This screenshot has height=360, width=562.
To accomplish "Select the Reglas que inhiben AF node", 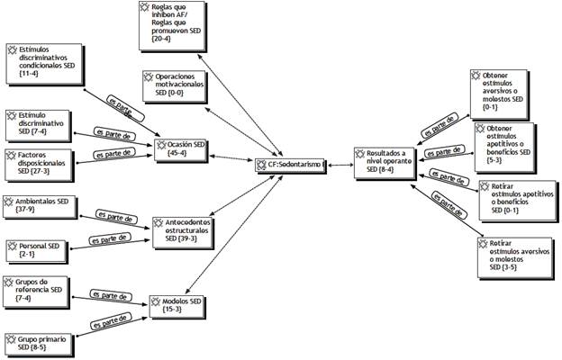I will pos(177,22).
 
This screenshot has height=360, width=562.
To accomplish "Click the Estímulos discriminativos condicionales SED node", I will pos(44,58).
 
